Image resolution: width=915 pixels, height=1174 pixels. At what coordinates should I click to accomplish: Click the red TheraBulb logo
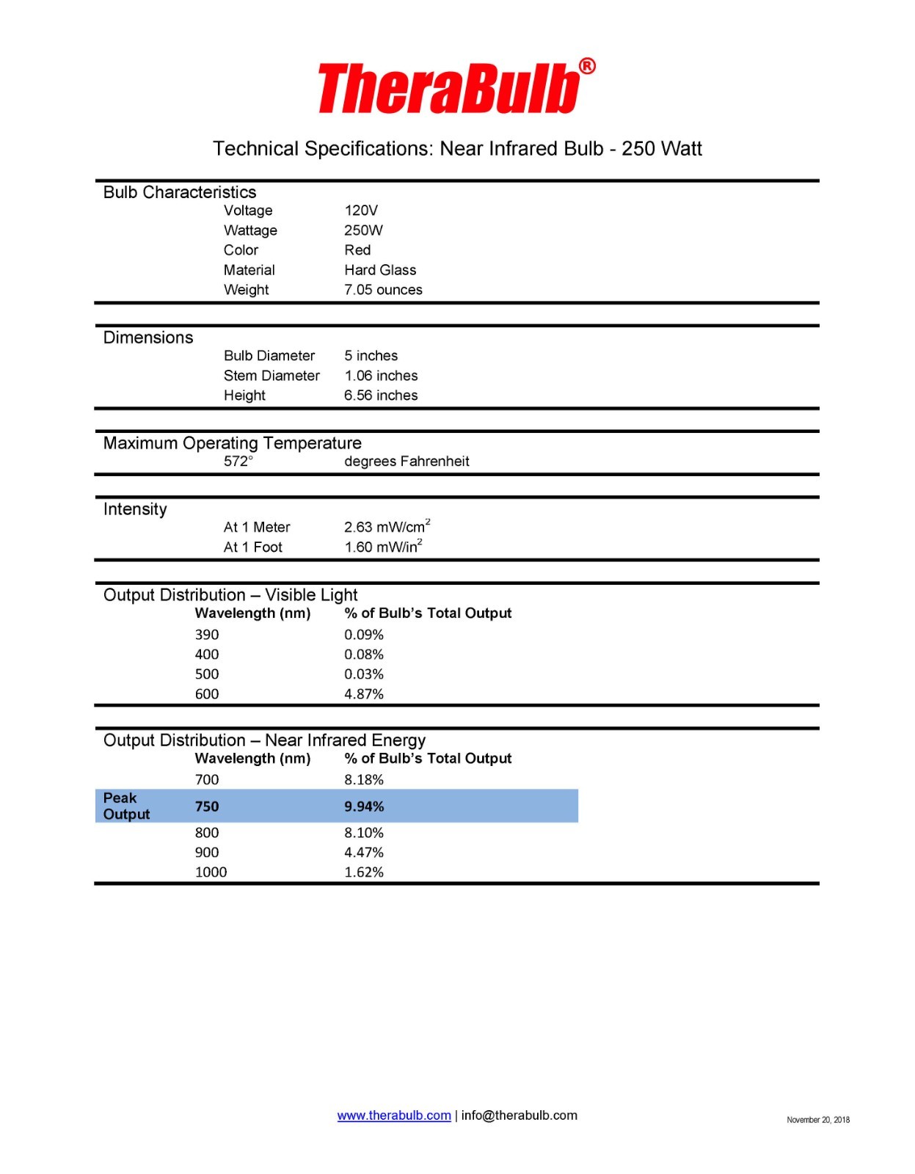448,88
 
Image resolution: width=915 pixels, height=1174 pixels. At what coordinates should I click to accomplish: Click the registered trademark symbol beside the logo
588,67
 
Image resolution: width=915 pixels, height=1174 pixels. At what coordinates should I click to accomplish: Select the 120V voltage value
361,211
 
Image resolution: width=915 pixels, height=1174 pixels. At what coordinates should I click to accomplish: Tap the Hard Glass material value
380,270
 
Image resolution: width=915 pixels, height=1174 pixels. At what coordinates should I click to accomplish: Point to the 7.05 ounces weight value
383,290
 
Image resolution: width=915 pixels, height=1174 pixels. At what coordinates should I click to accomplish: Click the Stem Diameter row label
271,376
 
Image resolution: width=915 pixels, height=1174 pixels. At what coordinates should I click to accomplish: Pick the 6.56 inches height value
381,395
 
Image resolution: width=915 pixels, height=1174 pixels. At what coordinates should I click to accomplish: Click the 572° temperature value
238,462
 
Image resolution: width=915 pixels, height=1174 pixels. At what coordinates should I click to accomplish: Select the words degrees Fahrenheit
407,462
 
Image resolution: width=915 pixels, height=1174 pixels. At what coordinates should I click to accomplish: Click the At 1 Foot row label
252,547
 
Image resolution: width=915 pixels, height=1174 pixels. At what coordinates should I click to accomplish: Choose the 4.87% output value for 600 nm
364,694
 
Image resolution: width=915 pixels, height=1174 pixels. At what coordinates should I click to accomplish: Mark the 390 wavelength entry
207,635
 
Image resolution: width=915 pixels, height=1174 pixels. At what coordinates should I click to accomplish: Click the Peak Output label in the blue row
126,806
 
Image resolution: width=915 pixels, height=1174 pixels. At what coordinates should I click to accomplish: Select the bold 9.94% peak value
364,806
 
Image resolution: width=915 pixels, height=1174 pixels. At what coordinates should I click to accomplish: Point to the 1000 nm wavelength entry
211,872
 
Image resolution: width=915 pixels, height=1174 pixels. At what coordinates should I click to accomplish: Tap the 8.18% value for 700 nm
364,780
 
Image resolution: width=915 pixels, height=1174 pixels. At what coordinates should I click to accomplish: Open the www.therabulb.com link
394,1115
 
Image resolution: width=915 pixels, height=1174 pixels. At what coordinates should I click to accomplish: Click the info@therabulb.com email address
519,1115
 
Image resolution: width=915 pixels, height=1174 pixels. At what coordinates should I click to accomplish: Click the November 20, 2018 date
818,1120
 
